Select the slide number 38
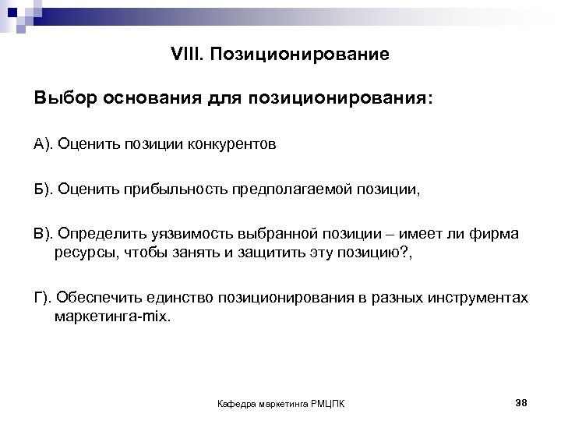pos(522,402)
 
